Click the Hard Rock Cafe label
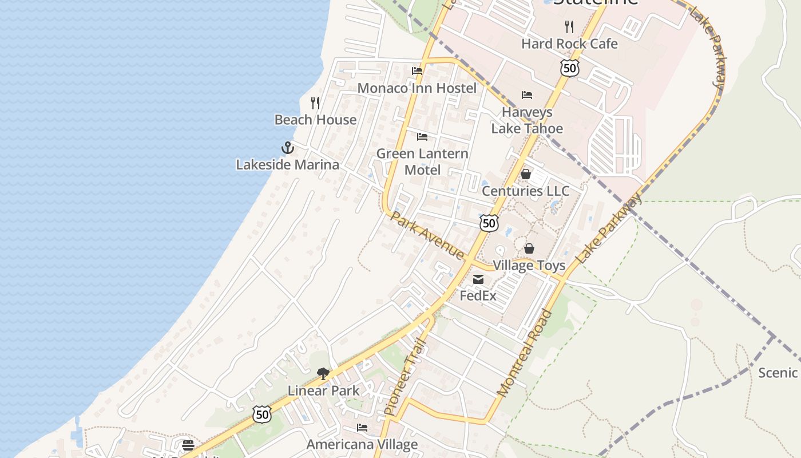tap(569, 44)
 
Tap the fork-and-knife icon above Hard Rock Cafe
tap(569, 26)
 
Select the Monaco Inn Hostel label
tap(417, 88)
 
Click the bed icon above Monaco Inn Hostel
tap(417, 71)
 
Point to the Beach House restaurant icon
tap(315, 103)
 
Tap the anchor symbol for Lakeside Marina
tap(287, 148)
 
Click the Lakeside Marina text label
tap(287, 165)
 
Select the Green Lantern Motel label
tap(422, 161)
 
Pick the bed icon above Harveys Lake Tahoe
tap(527, 95)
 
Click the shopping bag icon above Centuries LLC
tap(526, 174)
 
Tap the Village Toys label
tap(529, 265)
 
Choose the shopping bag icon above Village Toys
tap(529, 248)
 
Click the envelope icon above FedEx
tap(478, 279)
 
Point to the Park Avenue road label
tap(427, 235)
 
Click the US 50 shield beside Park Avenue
tap(489, 223)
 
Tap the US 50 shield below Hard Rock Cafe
tap(570, 68)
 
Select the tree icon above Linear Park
tap(323, 374)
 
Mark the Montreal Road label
tap(525, 353)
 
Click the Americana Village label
tap(362, 444)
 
